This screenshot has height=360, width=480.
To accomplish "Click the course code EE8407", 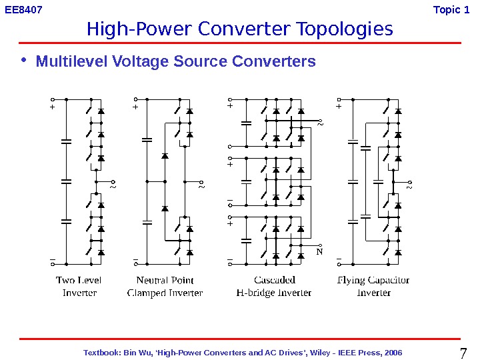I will point(23,10).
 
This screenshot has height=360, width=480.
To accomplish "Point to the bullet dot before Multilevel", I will point(25,61).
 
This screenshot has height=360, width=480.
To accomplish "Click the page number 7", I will point(465,352).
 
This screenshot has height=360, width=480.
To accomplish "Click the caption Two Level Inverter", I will point(79,287).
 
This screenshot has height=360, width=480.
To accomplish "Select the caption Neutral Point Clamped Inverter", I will point(165,287).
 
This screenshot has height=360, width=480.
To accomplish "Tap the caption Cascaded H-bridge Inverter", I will point(274,287).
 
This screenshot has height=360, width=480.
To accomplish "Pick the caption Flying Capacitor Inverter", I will point(373,287).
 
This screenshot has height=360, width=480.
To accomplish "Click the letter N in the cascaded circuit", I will point(319,252).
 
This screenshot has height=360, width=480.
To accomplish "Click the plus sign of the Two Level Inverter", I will point(51,106).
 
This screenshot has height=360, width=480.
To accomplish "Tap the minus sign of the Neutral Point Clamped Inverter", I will point(135,259).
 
